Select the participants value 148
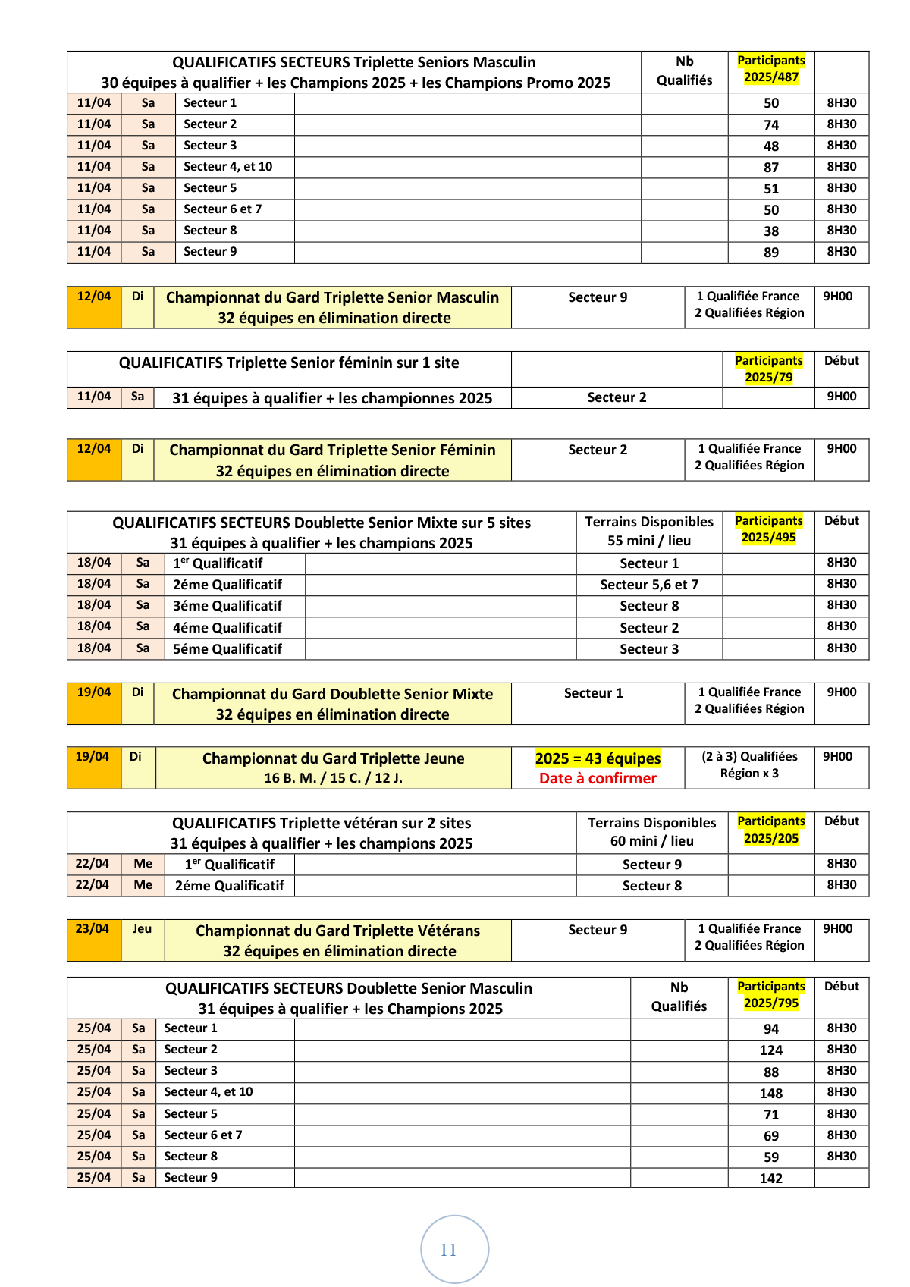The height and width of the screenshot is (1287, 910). (770, 1093)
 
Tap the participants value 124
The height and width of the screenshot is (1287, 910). (770, 1050)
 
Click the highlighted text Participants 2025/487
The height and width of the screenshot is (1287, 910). (770, 68)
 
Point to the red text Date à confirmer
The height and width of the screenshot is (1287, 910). (598, 778)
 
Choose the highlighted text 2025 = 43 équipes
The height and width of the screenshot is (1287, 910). (598, 758)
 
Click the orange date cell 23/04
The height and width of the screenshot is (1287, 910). (93, 929)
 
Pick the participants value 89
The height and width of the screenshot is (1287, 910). (770, 253)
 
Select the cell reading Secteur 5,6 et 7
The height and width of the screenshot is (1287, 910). (649, 585)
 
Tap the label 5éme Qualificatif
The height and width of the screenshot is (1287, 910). (227, 649)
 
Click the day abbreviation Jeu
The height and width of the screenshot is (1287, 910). (142, 929)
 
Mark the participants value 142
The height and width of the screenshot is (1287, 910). (770, 1179)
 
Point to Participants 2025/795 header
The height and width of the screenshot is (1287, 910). (770, 994)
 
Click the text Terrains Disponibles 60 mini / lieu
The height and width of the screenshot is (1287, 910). (651, 832)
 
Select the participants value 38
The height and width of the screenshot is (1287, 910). (770, 231)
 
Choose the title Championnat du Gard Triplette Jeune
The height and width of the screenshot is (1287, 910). (333, 758)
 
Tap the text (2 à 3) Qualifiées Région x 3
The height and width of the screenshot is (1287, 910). (749, 764)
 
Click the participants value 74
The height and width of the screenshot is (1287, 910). (770, 125)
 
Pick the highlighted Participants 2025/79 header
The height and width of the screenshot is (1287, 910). (768, 369)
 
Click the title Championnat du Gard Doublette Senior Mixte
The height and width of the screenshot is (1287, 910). (332, 694)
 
